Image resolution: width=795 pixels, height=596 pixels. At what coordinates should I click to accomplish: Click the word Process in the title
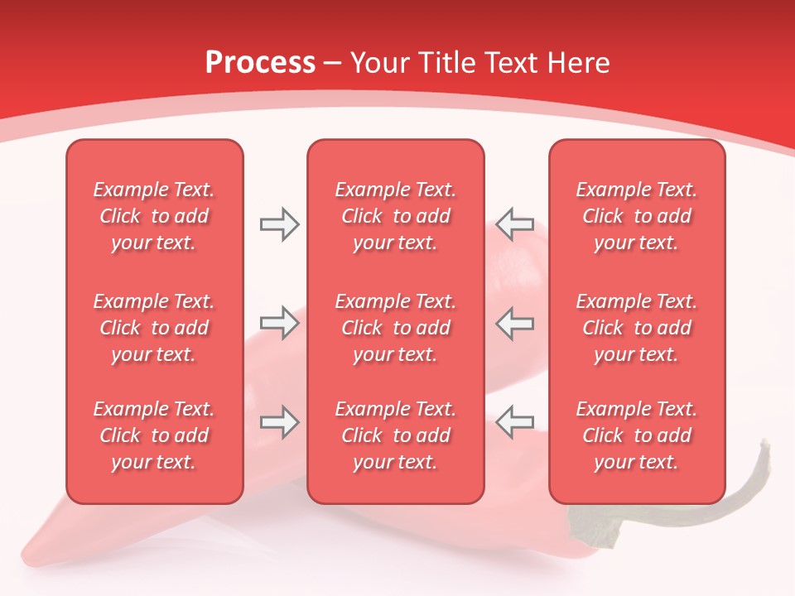coord(260,62)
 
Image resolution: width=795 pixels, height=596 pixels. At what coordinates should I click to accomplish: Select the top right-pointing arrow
coord(279,224)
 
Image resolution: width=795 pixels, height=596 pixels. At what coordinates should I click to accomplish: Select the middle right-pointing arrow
coord(279,323)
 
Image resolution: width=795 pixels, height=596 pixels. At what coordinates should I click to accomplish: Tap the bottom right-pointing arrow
coord(279,422)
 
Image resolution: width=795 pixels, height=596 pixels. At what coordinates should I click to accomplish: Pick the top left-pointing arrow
coord(514,224)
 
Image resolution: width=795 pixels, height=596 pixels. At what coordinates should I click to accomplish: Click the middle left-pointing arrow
coord(514,323)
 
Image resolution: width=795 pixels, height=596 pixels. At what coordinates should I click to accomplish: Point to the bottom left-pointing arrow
coord(514,422)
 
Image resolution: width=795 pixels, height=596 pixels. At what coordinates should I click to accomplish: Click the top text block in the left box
coord(154,216)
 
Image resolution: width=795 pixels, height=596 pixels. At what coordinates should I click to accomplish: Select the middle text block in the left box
coord(154,328)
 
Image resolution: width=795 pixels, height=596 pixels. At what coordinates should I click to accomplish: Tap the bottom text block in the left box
coord(154,435)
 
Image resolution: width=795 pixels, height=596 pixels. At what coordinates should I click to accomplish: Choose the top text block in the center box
coord(396,216)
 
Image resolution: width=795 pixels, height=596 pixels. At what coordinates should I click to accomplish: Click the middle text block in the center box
coord(396,328)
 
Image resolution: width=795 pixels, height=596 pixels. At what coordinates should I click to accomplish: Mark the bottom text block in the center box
coord(396,435)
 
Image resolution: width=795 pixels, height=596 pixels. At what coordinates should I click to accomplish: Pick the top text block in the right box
coord(637,216)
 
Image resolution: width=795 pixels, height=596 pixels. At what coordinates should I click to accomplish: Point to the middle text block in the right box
coord(637,328)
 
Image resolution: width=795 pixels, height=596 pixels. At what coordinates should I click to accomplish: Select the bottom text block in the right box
coord(637,435)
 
